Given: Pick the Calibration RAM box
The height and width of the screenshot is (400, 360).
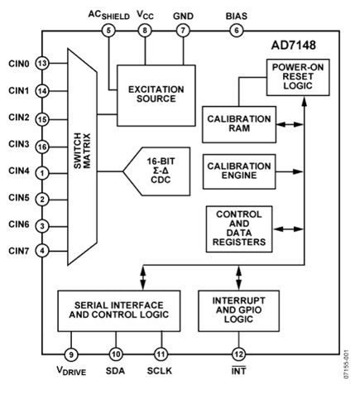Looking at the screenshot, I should click(238, 123).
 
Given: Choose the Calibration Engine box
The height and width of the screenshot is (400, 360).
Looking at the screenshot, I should click(238, 172).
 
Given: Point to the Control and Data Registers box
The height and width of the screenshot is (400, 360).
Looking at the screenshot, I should click(238, 229).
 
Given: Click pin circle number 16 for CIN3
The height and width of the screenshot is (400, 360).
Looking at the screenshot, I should click(41, 146).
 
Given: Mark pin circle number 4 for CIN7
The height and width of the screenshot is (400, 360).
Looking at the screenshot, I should click(41, 250).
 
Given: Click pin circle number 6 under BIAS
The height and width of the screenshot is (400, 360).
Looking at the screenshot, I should click(238, 31).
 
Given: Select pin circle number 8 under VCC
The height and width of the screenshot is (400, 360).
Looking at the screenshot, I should click(145, 31).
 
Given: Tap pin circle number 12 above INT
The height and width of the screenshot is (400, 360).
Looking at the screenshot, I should click(239, 353).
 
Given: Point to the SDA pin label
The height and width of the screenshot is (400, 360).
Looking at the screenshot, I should click(115, 371).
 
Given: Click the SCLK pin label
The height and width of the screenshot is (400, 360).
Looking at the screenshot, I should click(160, 371).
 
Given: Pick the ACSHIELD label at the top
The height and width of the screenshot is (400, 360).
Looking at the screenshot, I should click(108, 14).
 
